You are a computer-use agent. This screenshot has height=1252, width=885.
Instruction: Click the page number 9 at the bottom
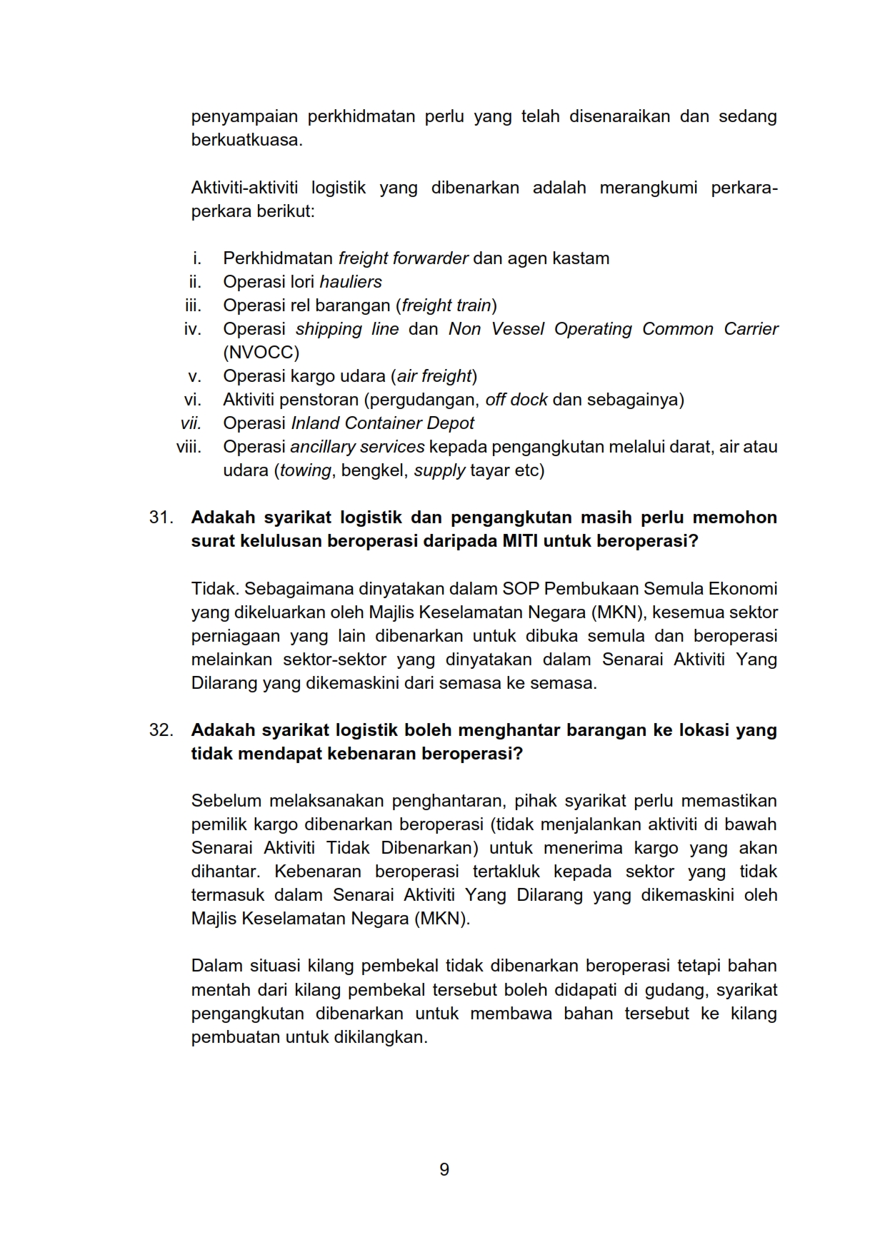[444, 1169]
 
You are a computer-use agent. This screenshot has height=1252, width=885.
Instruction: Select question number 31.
[161, 517]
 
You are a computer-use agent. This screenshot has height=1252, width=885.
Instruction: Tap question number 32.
[161, 730]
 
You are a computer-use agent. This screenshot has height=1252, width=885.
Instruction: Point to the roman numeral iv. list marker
[193, 329]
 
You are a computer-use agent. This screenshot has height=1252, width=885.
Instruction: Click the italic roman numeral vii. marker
[191, 423]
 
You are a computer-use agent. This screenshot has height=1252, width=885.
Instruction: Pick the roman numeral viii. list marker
[189, 447]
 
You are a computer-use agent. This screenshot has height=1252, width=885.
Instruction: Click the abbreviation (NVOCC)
[261, 353]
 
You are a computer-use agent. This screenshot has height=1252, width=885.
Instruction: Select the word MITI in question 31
[520, 540]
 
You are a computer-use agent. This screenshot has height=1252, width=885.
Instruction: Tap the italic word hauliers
[351, 282]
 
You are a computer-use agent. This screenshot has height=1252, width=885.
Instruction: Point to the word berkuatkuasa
[246, 140]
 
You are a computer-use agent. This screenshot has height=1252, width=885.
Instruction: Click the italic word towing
[306, 470]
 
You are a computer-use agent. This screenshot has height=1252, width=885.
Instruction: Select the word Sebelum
[226, 801]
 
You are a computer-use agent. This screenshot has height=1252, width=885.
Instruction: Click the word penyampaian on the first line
[244, 116]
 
